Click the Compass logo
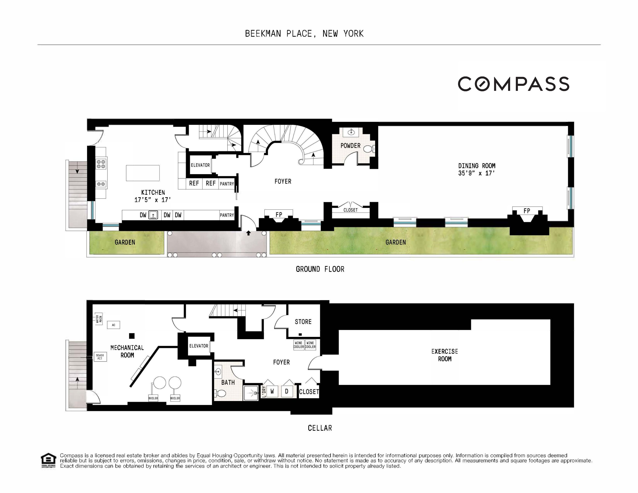pos(513,84)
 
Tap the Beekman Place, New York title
pos(304,34)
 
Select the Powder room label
pos(350,145)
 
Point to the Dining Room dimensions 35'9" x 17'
pos(477,173)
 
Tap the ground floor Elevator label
pos(200,165)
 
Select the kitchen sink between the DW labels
pos(153,215)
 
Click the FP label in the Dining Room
pos(527,211)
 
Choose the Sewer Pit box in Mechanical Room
pos(100,357)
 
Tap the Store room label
pos(303,322)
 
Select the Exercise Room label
pos(444,355)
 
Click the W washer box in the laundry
pos(272,391)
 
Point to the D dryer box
pos(287,391)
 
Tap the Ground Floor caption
pos(320,269)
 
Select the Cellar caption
pos(320,428)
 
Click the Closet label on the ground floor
pos(350,210)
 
